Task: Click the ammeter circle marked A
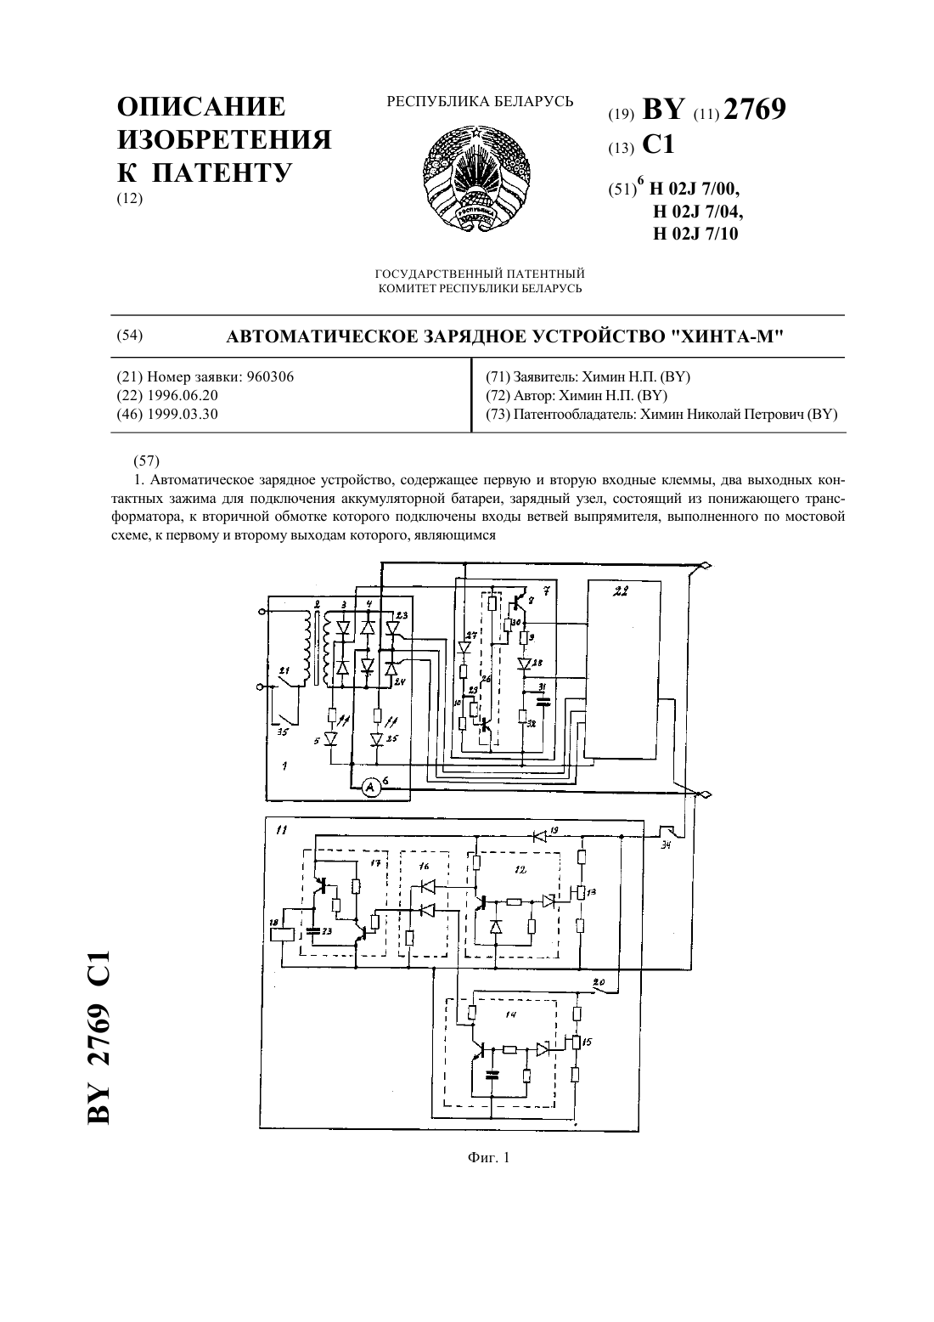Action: click(x=369, y=788)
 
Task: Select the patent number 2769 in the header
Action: click(x=755, y=110)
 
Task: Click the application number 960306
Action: click(x=270, y=376)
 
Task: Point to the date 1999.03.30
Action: click(x=183, y=414)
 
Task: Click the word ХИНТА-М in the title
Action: click(x=727, y=337)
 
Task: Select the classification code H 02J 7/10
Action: click(x=695, y=234)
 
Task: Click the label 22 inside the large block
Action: click(x=621, y=590)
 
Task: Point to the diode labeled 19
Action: click(x=538, y=836)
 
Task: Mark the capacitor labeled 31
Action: click(x=543, y=702)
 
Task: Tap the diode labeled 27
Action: click(x=464, y=647)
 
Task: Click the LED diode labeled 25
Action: click(x=378, y=739)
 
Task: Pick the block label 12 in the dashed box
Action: click(x=520, y=869)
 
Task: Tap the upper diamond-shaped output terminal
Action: click(x=704, y=565)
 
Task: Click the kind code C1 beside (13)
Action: click(x=658, y=144)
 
